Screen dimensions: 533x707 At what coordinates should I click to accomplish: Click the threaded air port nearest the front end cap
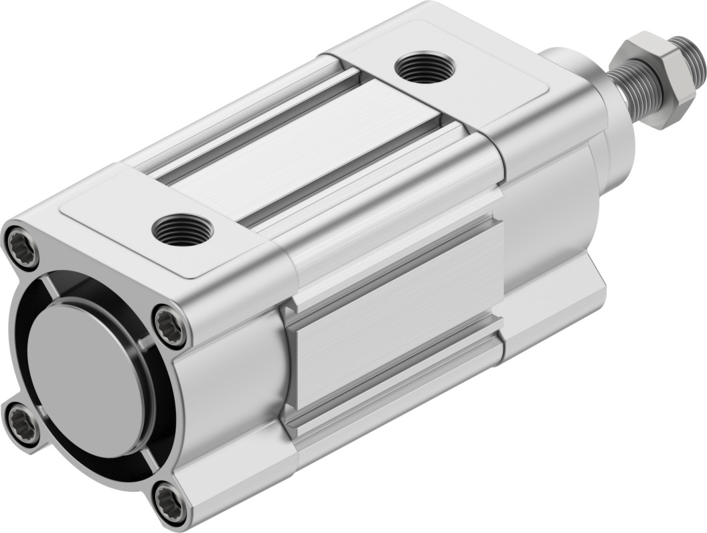tap(182, 230)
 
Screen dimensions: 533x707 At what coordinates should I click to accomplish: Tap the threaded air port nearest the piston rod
tap(424, 68)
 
